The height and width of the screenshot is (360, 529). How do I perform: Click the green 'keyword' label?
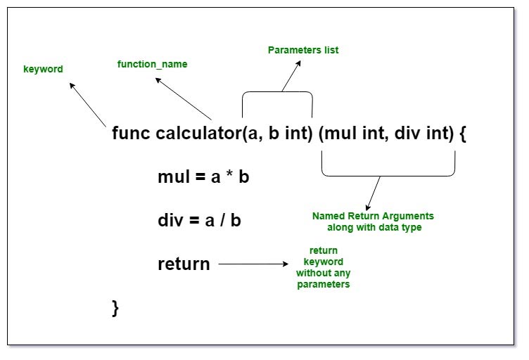pos(44,70)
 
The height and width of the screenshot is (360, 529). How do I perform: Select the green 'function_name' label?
pos(153,64)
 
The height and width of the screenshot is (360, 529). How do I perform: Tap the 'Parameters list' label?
pos(303,50)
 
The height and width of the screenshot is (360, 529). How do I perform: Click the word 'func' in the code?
pos(131,134)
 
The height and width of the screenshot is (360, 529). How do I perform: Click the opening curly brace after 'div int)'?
pos(462,134)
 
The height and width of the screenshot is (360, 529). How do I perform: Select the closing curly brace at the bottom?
pos(116,307)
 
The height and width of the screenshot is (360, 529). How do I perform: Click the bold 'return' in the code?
pos(184,264)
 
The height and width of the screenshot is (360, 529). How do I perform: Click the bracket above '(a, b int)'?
pos(277,94)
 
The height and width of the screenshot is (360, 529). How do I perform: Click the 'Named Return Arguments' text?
pos(373,216)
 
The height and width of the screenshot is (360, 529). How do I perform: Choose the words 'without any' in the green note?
pos(323,273)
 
